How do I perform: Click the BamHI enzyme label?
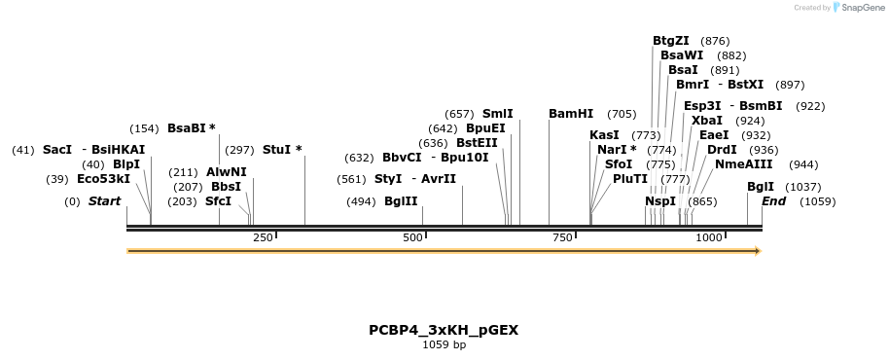tap(570, 114)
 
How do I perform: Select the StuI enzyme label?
tap(277, 150)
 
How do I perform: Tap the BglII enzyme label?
tap(401, 201)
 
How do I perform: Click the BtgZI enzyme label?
tap(671, 41)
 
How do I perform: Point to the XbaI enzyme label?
tap(707, 121)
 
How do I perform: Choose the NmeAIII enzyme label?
tap(744, 164)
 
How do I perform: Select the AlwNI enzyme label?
tap(227, 172)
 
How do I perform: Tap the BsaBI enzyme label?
tap(187, 127)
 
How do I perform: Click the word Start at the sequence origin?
tap(104, 201)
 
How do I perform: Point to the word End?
tap(774, 201)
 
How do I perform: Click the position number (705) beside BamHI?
tap(622, 114)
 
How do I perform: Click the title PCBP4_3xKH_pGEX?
tap(444, 330)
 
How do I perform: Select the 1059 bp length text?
tap(444, 345)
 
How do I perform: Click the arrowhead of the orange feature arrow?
tap(756, 251)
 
